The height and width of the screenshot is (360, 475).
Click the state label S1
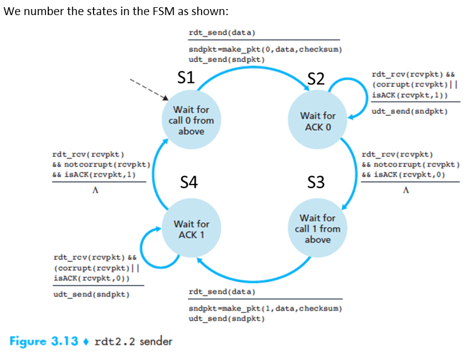(x=186, y=77)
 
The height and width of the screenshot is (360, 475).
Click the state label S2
(x=316, y=78)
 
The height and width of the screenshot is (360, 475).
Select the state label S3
(x=316, y=182)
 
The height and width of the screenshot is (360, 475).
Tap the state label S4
(x=190, y=182)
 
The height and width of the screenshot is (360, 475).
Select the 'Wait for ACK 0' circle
(x=317, y=121)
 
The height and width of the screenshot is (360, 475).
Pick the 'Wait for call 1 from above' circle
(x=317, y=229)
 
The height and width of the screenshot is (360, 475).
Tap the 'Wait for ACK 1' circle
(x=191, y=229)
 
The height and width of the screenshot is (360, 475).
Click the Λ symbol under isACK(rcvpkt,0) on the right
(x=406, y=191)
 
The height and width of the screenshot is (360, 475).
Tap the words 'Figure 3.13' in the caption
(x=44, y=341)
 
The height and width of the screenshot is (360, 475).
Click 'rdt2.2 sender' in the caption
(x=134, y=341)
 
